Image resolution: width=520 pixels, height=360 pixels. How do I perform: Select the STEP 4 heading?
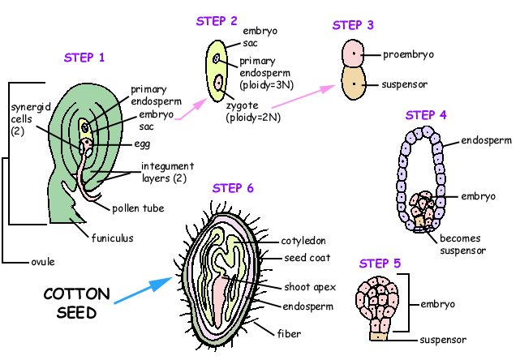(x=426, y=114)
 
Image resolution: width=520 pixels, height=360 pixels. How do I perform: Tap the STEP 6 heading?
(x=233, y=188)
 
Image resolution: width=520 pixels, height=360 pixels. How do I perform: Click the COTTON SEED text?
(x=71, y=302)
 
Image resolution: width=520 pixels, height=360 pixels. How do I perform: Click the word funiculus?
(x=111, y=238)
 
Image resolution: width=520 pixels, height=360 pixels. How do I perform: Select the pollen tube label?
(x=138, y=208)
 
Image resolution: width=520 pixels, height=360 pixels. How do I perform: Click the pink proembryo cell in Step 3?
(x=355, y=54)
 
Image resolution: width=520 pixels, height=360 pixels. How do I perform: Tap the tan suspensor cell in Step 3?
(x=355, y=84)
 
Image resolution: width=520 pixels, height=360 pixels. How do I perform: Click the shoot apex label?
(x=311, y=287)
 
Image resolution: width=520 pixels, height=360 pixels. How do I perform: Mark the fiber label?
(x=290, y=332)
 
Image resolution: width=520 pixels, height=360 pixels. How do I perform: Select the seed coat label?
(x=307, y=259)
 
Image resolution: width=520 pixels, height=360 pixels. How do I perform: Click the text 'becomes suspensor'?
(x=462, y=244)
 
